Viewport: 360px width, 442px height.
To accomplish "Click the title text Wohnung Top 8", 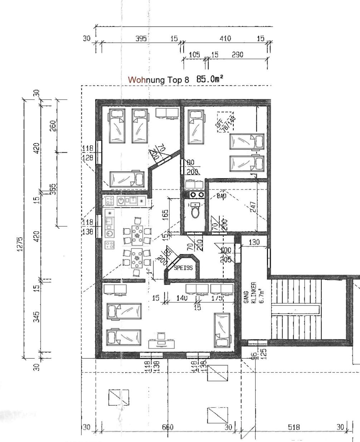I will coord(158,79).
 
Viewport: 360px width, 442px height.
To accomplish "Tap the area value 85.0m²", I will coord(210,79).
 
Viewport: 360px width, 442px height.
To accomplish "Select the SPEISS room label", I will coord(183,268).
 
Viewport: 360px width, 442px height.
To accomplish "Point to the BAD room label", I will coord(222,196).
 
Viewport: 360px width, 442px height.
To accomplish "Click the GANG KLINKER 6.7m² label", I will coord(253,292).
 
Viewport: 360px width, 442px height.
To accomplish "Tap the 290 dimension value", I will coord(237,55).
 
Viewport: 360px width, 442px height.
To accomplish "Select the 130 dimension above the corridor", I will coord(254,242).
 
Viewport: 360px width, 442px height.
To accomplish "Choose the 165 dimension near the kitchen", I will coord(165,215).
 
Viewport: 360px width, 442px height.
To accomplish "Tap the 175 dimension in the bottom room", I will coord(217,298).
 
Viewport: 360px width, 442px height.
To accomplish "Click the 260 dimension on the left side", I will coord(52,126).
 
